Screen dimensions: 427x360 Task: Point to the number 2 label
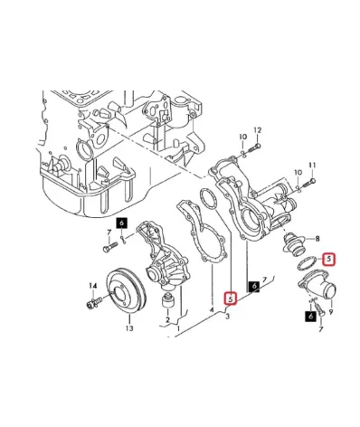click(168, 319)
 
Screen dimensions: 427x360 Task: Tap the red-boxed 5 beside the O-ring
click(329, 259)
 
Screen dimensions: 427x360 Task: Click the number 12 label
click(256, 130)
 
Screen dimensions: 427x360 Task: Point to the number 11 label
click(312, 166)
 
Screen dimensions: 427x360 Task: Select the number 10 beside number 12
click(242, 137)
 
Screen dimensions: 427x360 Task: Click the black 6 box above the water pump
click(121, 223)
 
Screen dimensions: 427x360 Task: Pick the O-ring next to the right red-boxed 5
click(306, 263)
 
